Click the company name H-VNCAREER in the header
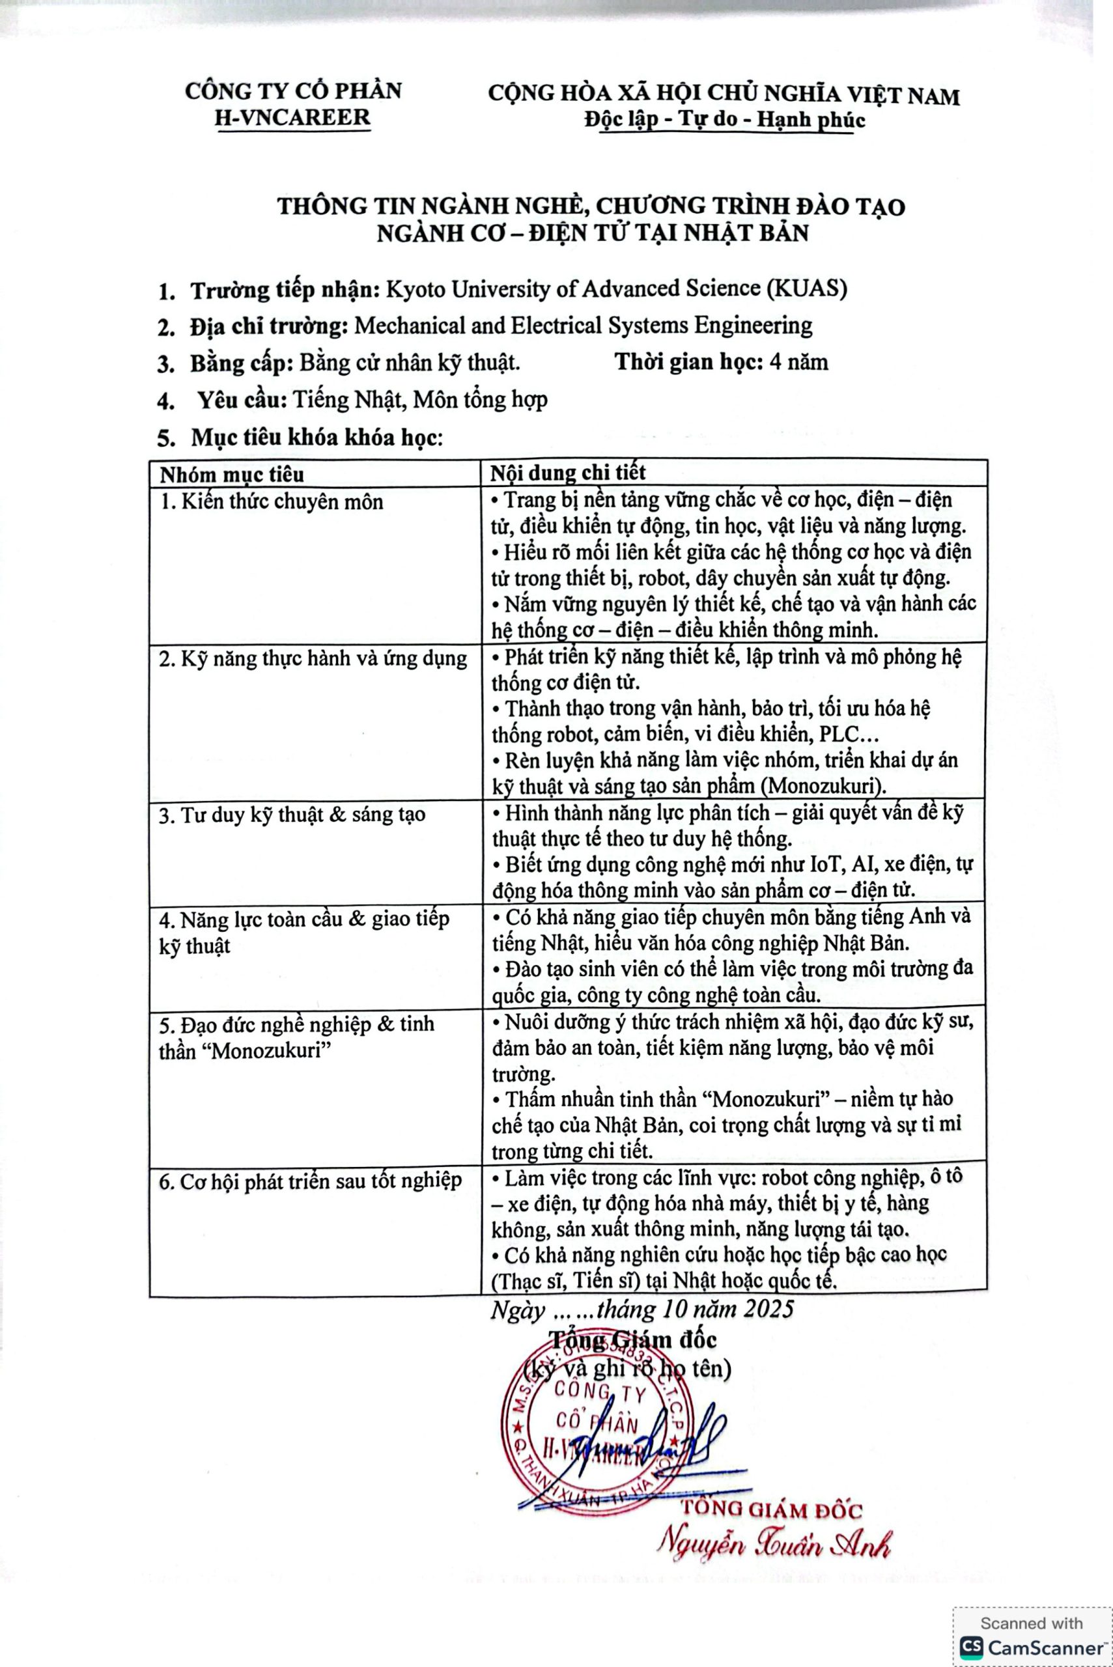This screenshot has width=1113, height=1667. (292, 117)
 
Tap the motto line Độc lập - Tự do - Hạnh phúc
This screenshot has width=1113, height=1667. (724, 119)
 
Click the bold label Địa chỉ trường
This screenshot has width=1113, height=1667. (268, 326)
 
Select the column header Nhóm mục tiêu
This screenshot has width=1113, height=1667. (231, 474)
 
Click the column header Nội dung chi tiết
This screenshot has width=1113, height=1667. (569, 473)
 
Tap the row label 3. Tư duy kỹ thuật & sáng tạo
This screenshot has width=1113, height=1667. (292, 814)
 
